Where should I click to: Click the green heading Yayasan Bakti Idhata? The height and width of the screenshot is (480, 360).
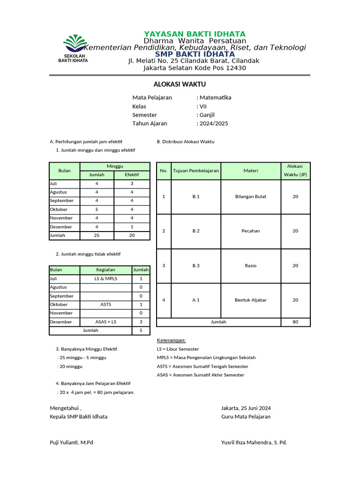195,34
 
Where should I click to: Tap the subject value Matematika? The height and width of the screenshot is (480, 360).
215,97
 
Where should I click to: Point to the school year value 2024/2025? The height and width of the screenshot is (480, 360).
214,123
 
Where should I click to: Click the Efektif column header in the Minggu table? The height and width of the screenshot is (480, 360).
132,175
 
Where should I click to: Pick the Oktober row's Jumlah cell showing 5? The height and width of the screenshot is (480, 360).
97,210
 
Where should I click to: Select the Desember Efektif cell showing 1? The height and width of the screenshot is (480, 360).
132,227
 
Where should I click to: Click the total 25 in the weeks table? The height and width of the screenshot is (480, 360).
97,235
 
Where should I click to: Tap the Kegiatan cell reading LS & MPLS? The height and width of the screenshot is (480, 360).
106,278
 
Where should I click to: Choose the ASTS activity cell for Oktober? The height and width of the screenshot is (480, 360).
106,304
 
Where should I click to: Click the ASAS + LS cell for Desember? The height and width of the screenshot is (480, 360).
106,322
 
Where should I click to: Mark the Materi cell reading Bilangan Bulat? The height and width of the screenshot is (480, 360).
251,197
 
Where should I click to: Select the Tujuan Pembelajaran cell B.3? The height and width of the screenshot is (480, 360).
196,266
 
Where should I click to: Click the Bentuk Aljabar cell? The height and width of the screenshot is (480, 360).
251,300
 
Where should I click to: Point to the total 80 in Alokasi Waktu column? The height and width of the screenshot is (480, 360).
295,322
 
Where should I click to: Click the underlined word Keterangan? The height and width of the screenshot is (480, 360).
171,340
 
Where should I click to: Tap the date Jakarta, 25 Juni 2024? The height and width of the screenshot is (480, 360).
246,408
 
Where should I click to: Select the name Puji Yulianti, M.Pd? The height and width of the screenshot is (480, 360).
71,442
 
